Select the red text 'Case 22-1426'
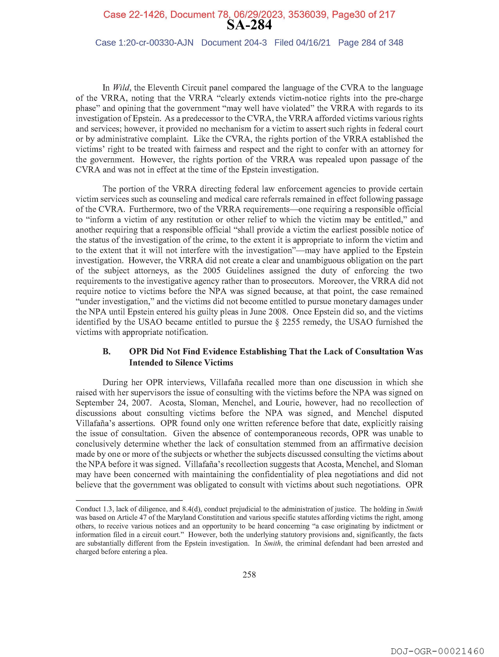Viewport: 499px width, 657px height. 134,14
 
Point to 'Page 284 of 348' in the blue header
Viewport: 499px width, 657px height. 370,43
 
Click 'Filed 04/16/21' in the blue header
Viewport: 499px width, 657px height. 302,43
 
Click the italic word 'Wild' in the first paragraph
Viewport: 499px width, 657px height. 121,88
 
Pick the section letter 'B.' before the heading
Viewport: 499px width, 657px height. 107,352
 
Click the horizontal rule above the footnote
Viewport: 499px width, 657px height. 129,500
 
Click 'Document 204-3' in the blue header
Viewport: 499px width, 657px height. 234,43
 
